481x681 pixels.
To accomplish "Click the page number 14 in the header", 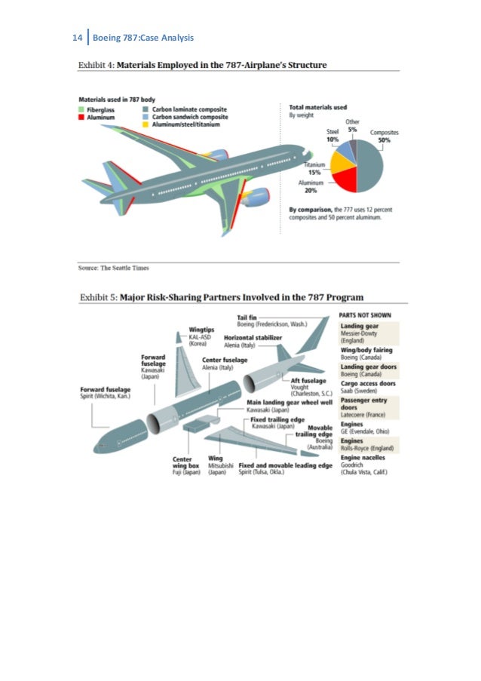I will (x=76, y=37).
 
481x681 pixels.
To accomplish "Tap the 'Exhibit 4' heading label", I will (x=97, y=65).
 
